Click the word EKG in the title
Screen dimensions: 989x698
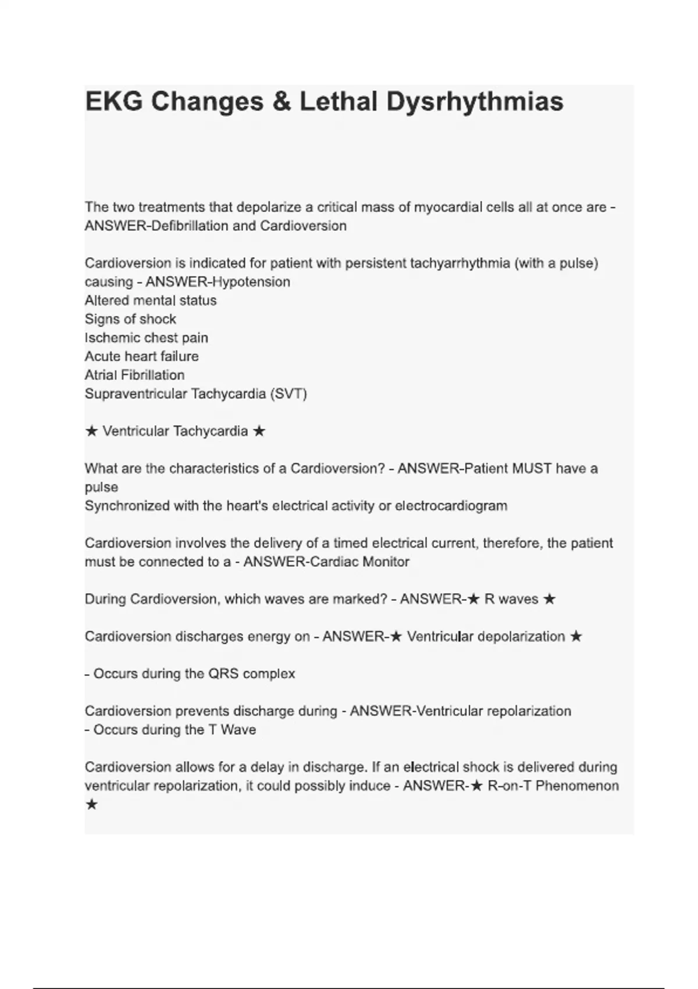point(113,102)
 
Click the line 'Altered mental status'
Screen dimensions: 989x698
point(151,300)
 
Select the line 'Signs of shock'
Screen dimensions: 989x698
point(130,319)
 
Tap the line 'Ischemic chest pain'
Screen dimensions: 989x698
point(147,337)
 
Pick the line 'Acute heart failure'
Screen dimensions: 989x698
point(142,356)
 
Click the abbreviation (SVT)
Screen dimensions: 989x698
point(289,394)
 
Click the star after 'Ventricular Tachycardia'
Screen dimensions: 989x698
point(259,431)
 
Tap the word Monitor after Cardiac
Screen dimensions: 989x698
point(386,561)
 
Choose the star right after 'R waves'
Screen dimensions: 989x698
point(549,599)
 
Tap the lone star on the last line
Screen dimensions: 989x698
point(91,805)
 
